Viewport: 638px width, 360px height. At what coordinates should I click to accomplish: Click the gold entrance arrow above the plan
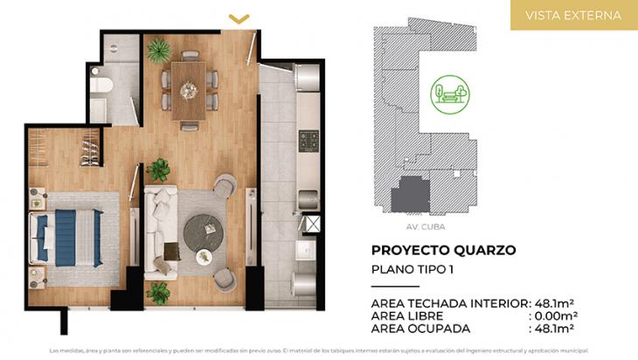(238, 17)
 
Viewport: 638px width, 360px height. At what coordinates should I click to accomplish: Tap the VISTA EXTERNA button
(573, 16)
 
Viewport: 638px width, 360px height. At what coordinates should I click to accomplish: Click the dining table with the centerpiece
(188, 88)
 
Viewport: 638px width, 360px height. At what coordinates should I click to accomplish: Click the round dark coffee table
(204, 231)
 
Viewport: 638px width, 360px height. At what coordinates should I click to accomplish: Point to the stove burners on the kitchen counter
(309, 139)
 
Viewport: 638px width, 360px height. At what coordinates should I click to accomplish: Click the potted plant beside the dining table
(158, 52)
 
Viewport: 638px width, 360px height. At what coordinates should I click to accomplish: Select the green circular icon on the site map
(449, 93)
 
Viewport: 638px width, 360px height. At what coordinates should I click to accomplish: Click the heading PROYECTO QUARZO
(443, 250)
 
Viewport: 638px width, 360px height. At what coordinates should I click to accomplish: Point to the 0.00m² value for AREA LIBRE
(556, 315)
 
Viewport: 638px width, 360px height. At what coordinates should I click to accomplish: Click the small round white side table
(204, 257)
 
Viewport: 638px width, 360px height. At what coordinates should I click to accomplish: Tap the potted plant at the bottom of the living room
(158, 293)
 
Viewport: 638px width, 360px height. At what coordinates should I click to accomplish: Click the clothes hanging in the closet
(89, 148)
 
